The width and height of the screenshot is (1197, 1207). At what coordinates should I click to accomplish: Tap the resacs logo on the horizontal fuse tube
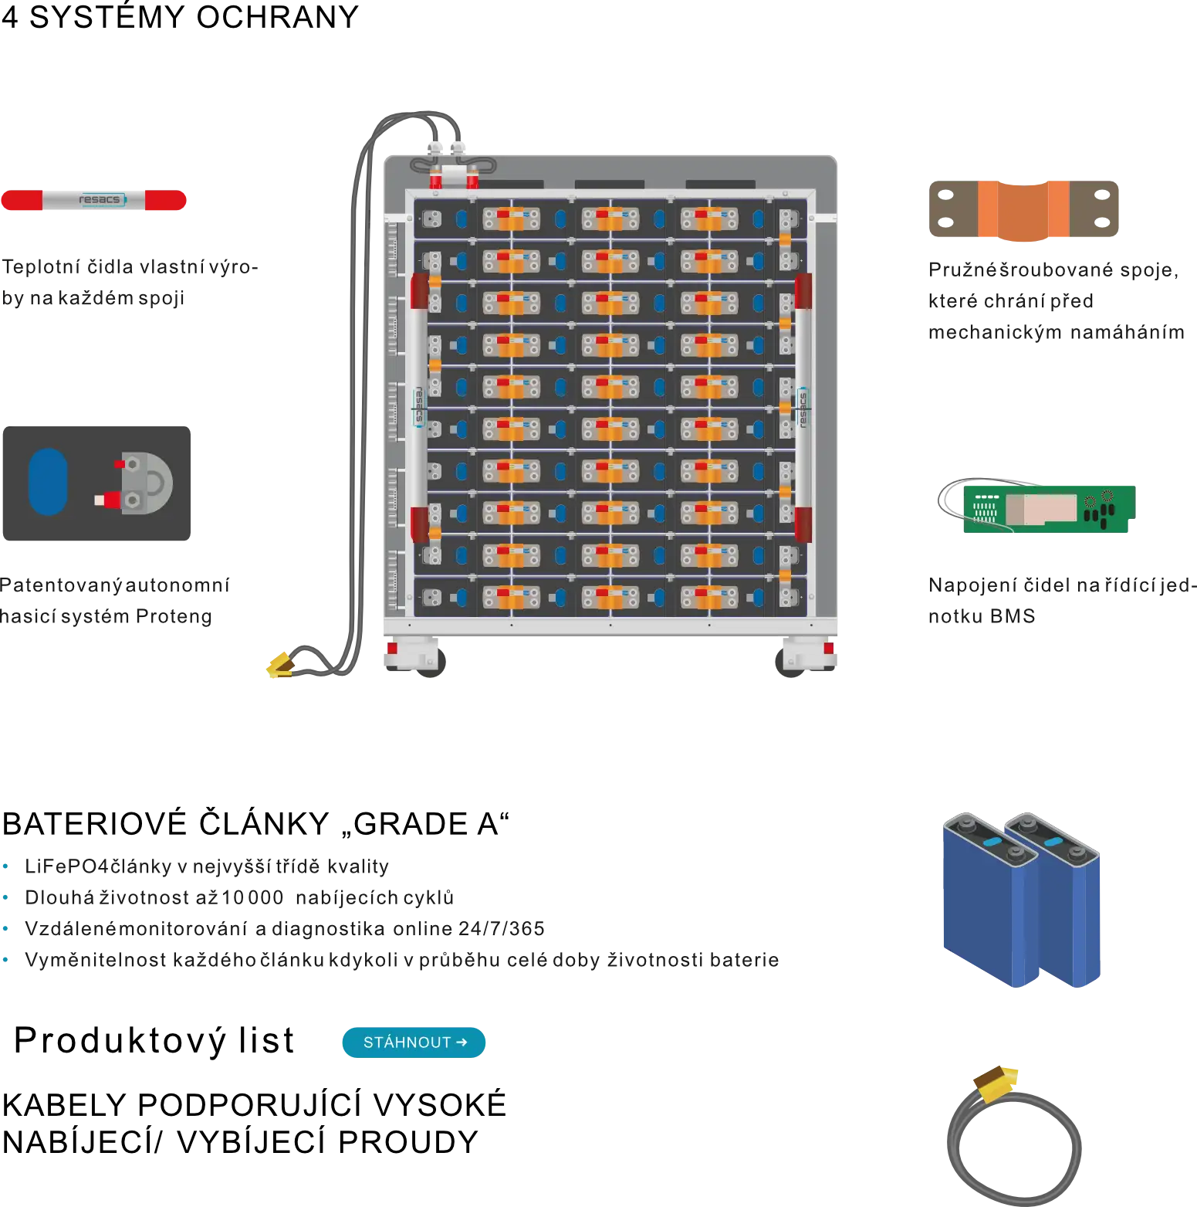100,200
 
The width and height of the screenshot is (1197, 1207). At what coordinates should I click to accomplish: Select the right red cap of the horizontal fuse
165,201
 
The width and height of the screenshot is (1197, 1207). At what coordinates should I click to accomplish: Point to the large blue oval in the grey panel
48,482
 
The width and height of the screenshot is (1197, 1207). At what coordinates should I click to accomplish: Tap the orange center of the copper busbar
1025,209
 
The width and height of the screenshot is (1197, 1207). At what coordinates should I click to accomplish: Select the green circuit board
1050,509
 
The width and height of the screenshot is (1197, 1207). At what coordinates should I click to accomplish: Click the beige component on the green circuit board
1040,508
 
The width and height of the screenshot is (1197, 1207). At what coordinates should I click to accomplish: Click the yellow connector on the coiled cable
996,1083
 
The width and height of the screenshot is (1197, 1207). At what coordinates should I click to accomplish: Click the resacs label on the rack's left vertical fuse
419,406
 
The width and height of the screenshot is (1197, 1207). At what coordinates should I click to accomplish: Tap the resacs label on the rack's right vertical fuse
803,409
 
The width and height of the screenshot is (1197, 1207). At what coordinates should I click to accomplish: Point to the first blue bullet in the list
7,866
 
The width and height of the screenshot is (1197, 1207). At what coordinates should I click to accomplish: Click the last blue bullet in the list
7,959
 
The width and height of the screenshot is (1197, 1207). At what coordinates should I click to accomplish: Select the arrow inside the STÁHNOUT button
462,1043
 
